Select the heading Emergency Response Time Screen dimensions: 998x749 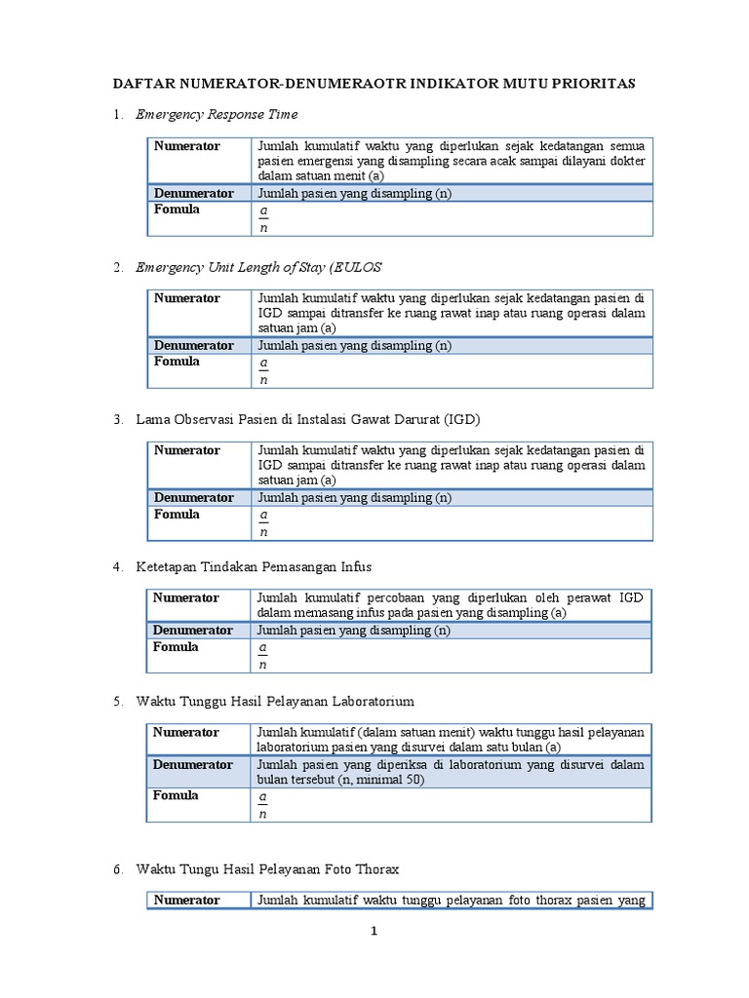pyautogui.click(x=217, y=115)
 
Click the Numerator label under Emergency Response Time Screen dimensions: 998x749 pyautogui.click(x=186, y=146)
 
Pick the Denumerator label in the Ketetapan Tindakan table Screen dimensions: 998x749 pyautogui.click(x=193, y=631)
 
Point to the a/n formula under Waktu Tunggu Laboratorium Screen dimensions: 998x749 pyautogui.click(x=262, y=805)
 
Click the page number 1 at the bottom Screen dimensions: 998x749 pyautogui.click(x=374, y=932)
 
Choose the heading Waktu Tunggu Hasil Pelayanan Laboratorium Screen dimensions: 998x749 pyautogui.click(x=275, y=701)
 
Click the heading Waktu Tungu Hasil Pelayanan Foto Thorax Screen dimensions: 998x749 pyautogui.click(x=267, y=868)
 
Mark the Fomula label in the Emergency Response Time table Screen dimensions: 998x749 pyautogui.click(x=177, y=210)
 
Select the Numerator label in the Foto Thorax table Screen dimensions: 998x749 pyautogui.click(x=186, y=901)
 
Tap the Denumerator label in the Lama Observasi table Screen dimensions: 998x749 pyautogui.click(x=193, y=498)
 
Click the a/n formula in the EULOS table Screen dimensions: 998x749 pyautogui.click(x=262, y=371)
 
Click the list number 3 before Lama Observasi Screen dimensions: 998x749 pyautogui.click(x=117, y=419)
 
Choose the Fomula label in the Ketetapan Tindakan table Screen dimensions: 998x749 pyautogui.click(x=177, y=647)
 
